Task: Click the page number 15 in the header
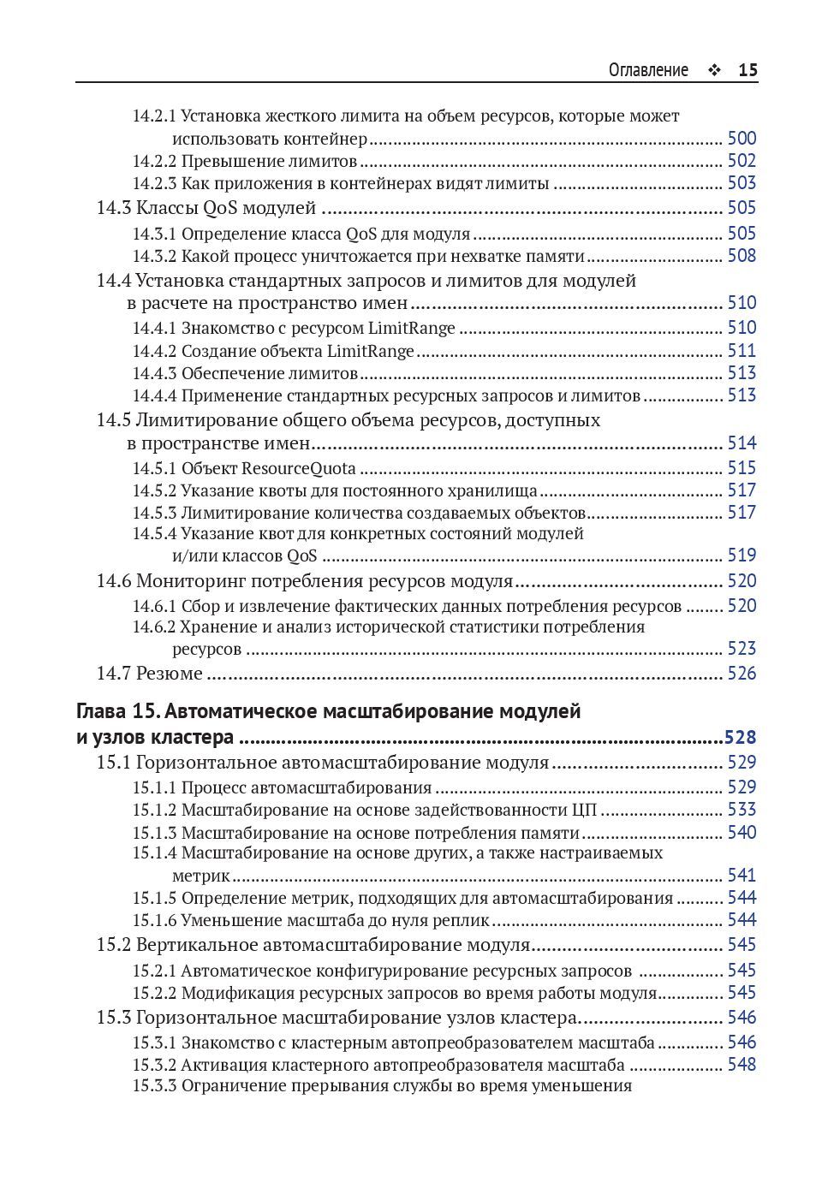tap(748, 70)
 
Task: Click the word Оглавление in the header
tap(648, 70)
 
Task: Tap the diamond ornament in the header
tap(713, 71)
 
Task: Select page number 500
tap(742, 139)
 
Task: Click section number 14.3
tap(113, 208)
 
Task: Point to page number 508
tap(742, 256)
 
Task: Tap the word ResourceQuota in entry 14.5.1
tap(299, 468)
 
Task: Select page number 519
tap(742, 555)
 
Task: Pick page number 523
tap(742, 649)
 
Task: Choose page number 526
tap(742, 674)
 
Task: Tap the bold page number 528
tap(741, 738)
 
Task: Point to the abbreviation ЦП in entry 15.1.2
tap(584, 810)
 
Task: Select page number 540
tap(742, 833)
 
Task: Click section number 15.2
tap(113, 945)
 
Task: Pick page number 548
tap(742, 1065)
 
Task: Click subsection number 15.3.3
tap(154, 1086)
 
